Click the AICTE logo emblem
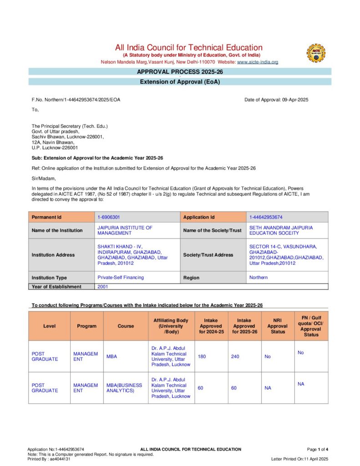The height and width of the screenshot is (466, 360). pyautogui.click(x=316, y=53)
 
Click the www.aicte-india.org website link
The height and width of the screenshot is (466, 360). pyautogui.click(x=257, y=62)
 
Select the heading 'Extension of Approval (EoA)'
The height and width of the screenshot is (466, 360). pyautogui.click(x=180, y=82)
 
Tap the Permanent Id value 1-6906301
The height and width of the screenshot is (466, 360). pyautogui.click(x=109, y=218)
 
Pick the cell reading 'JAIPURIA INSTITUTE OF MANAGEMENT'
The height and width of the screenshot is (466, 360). pyautogui.click(x=125, y=230)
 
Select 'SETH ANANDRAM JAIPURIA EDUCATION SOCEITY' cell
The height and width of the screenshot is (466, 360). pyautogui.click(x=281, y=230)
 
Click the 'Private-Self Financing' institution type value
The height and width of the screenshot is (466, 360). pyautogui.click(x=121, y=278)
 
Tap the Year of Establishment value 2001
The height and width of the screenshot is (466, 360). pyautogui.click(x=103, y=287)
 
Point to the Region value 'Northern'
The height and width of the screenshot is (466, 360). pyautogui.click(x=259, y=278)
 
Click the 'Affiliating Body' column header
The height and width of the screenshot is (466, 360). pyautogui.click(x=171, y=326)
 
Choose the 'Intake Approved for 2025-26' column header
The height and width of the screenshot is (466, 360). pyautogui.click(x=244, y=326)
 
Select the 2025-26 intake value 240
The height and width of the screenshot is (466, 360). pyautogui.click(x=235, y=357)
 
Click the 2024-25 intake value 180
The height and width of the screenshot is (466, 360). pyautogui.click(x=202, y=357)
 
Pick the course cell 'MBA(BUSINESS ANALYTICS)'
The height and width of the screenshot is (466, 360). pyautogui.click(x=124, y=388)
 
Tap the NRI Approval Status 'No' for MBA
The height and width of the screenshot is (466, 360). pyautogui.click(x=268, y=357)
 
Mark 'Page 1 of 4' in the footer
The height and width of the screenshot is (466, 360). pyautogui.click(x=318, y=450)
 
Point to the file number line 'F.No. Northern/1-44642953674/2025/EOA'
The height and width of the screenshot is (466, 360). pyautogui.click(x=76, y=100)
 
